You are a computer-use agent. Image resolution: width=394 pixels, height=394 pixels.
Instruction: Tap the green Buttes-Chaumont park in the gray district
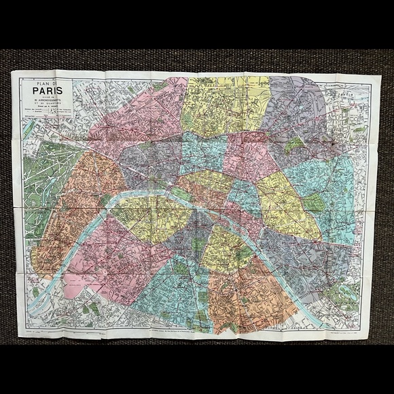[293, 145]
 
